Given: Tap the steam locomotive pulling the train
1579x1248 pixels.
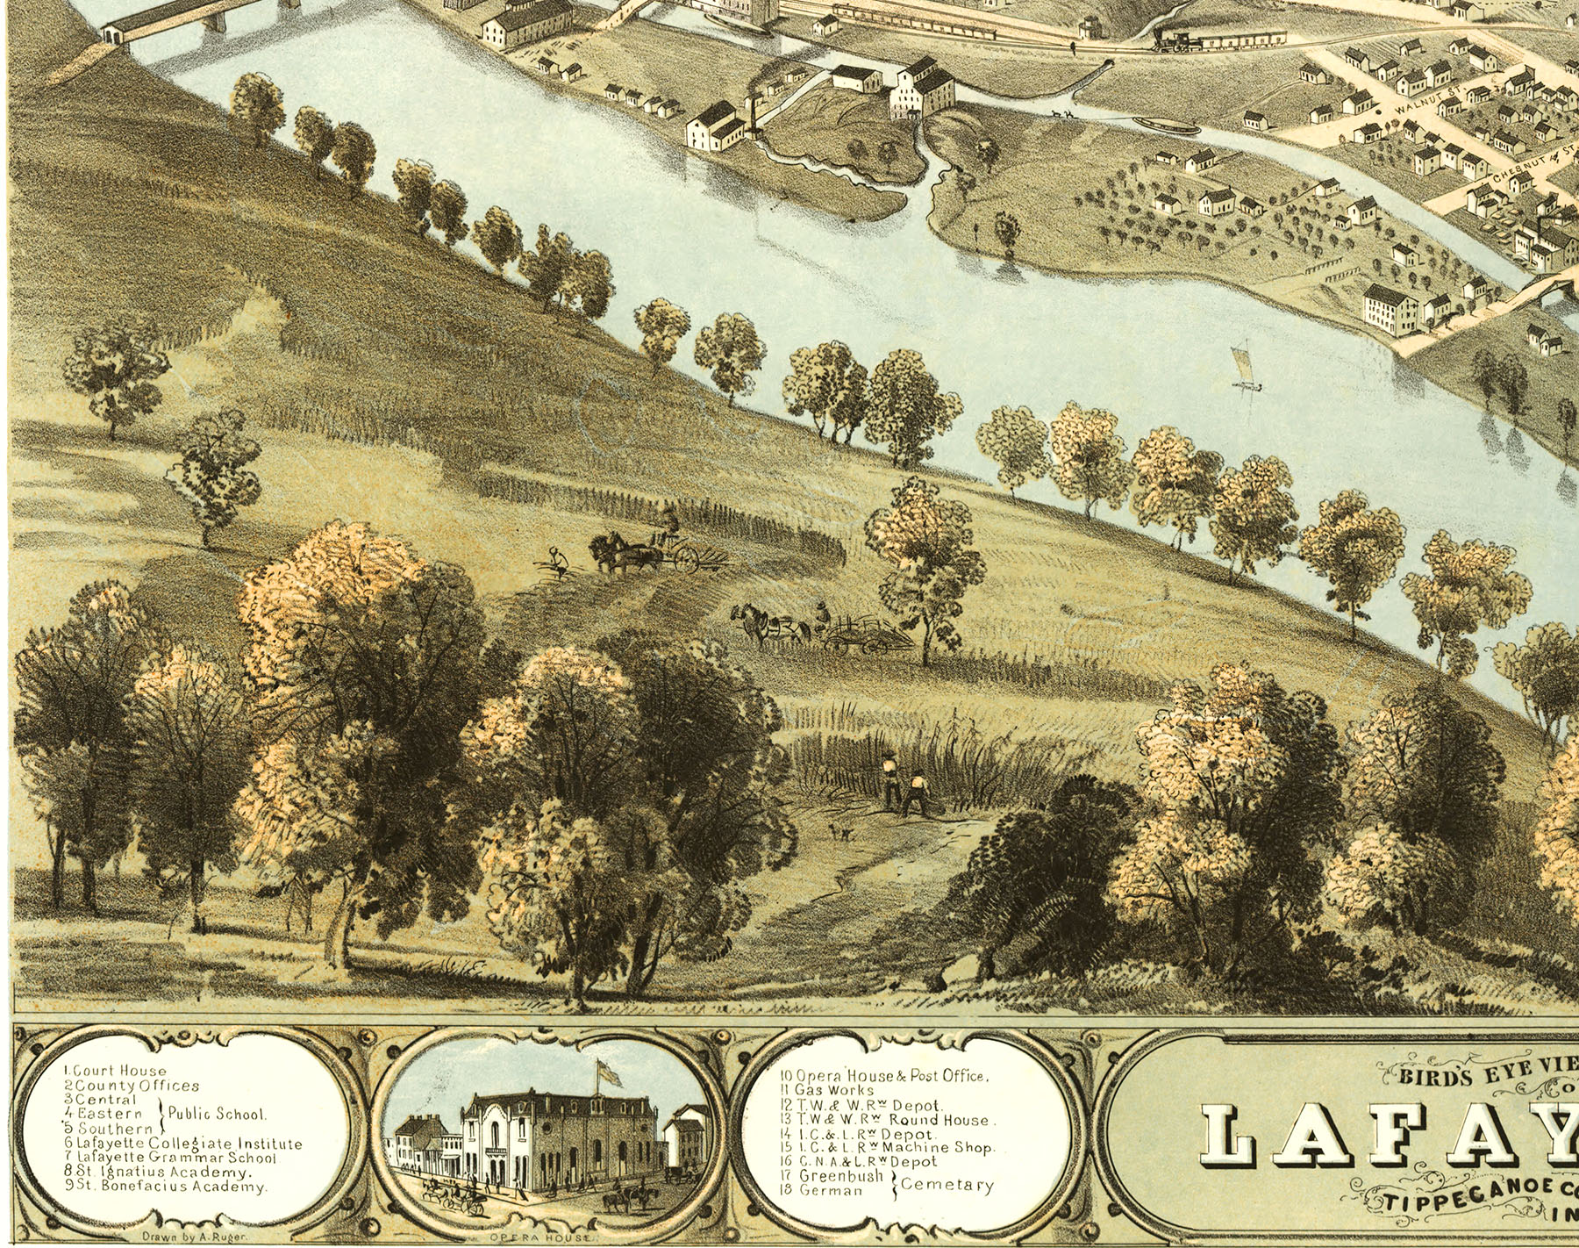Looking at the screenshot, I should pyautogui.click(x=1176, y=39).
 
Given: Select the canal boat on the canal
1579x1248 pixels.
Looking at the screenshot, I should pyautogui.click(x=1166, y=126).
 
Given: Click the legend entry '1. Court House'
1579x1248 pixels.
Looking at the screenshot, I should pyautogui.click(x=115, y=1071).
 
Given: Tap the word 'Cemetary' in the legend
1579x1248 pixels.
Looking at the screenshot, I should pyautogui.click(x=947, y=1185).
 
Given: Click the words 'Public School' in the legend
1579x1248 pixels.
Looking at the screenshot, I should pyautogui.click(x=216, y=1114).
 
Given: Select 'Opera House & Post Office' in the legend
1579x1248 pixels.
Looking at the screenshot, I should pyautogui.click(x=884, y=1076).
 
